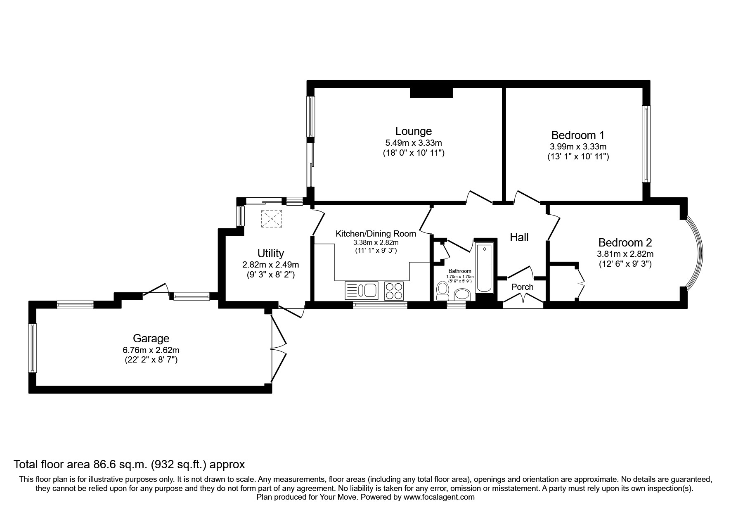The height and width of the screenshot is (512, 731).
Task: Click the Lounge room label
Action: pyautogui.click(x=413, y=131)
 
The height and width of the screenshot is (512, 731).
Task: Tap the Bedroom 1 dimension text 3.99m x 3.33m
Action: pyautogui.click(x=578, y=147)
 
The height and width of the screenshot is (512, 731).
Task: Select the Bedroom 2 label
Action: pyautogui.click(x=625, y=243)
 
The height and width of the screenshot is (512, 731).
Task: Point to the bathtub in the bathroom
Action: pyautogui.click(x=484, y=268)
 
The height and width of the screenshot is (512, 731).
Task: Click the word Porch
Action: pyautogui.click(x=522, y=287)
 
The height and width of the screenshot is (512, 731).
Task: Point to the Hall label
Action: pyautogui.click(x=519, y=237)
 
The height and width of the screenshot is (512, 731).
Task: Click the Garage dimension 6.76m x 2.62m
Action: pyautogui.click(x=151, y=350)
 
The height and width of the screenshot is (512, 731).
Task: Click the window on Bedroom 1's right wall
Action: pyautogui.click(x=646, y=144)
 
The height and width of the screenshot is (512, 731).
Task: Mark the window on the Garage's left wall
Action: pyautogui.click(x=32, y=348)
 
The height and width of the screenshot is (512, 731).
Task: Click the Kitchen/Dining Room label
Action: pyautogui.click(x=376, y=234)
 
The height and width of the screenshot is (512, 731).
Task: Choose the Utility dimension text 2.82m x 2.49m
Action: pyautogui.click(x=270, y=265)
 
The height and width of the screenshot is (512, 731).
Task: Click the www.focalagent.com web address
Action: pyautogui.click(x=440, y=497)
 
